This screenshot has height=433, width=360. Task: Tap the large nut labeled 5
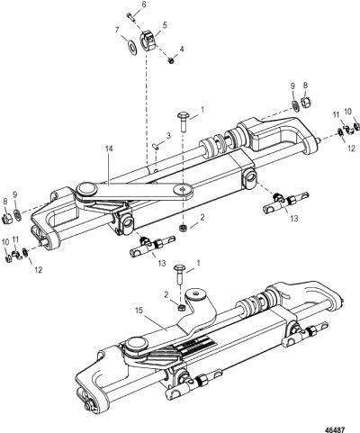click(147, 41)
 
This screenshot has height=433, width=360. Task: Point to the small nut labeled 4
click(171, 60)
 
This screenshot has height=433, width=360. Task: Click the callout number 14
click(109, 149)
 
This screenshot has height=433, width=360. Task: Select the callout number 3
click(168, 135)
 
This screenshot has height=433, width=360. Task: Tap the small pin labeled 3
click(156, 146)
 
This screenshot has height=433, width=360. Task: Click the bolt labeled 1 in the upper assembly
click(183, 122)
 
